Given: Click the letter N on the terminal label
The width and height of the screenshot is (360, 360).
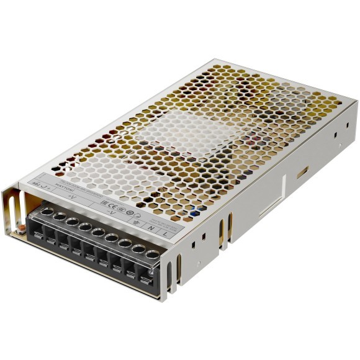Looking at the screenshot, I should [x=151, y=228].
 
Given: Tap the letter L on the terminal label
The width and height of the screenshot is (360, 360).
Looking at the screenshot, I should [x=164, y=233].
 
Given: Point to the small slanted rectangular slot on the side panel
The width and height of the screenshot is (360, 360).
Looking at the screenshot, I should [x=302, y=172].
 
